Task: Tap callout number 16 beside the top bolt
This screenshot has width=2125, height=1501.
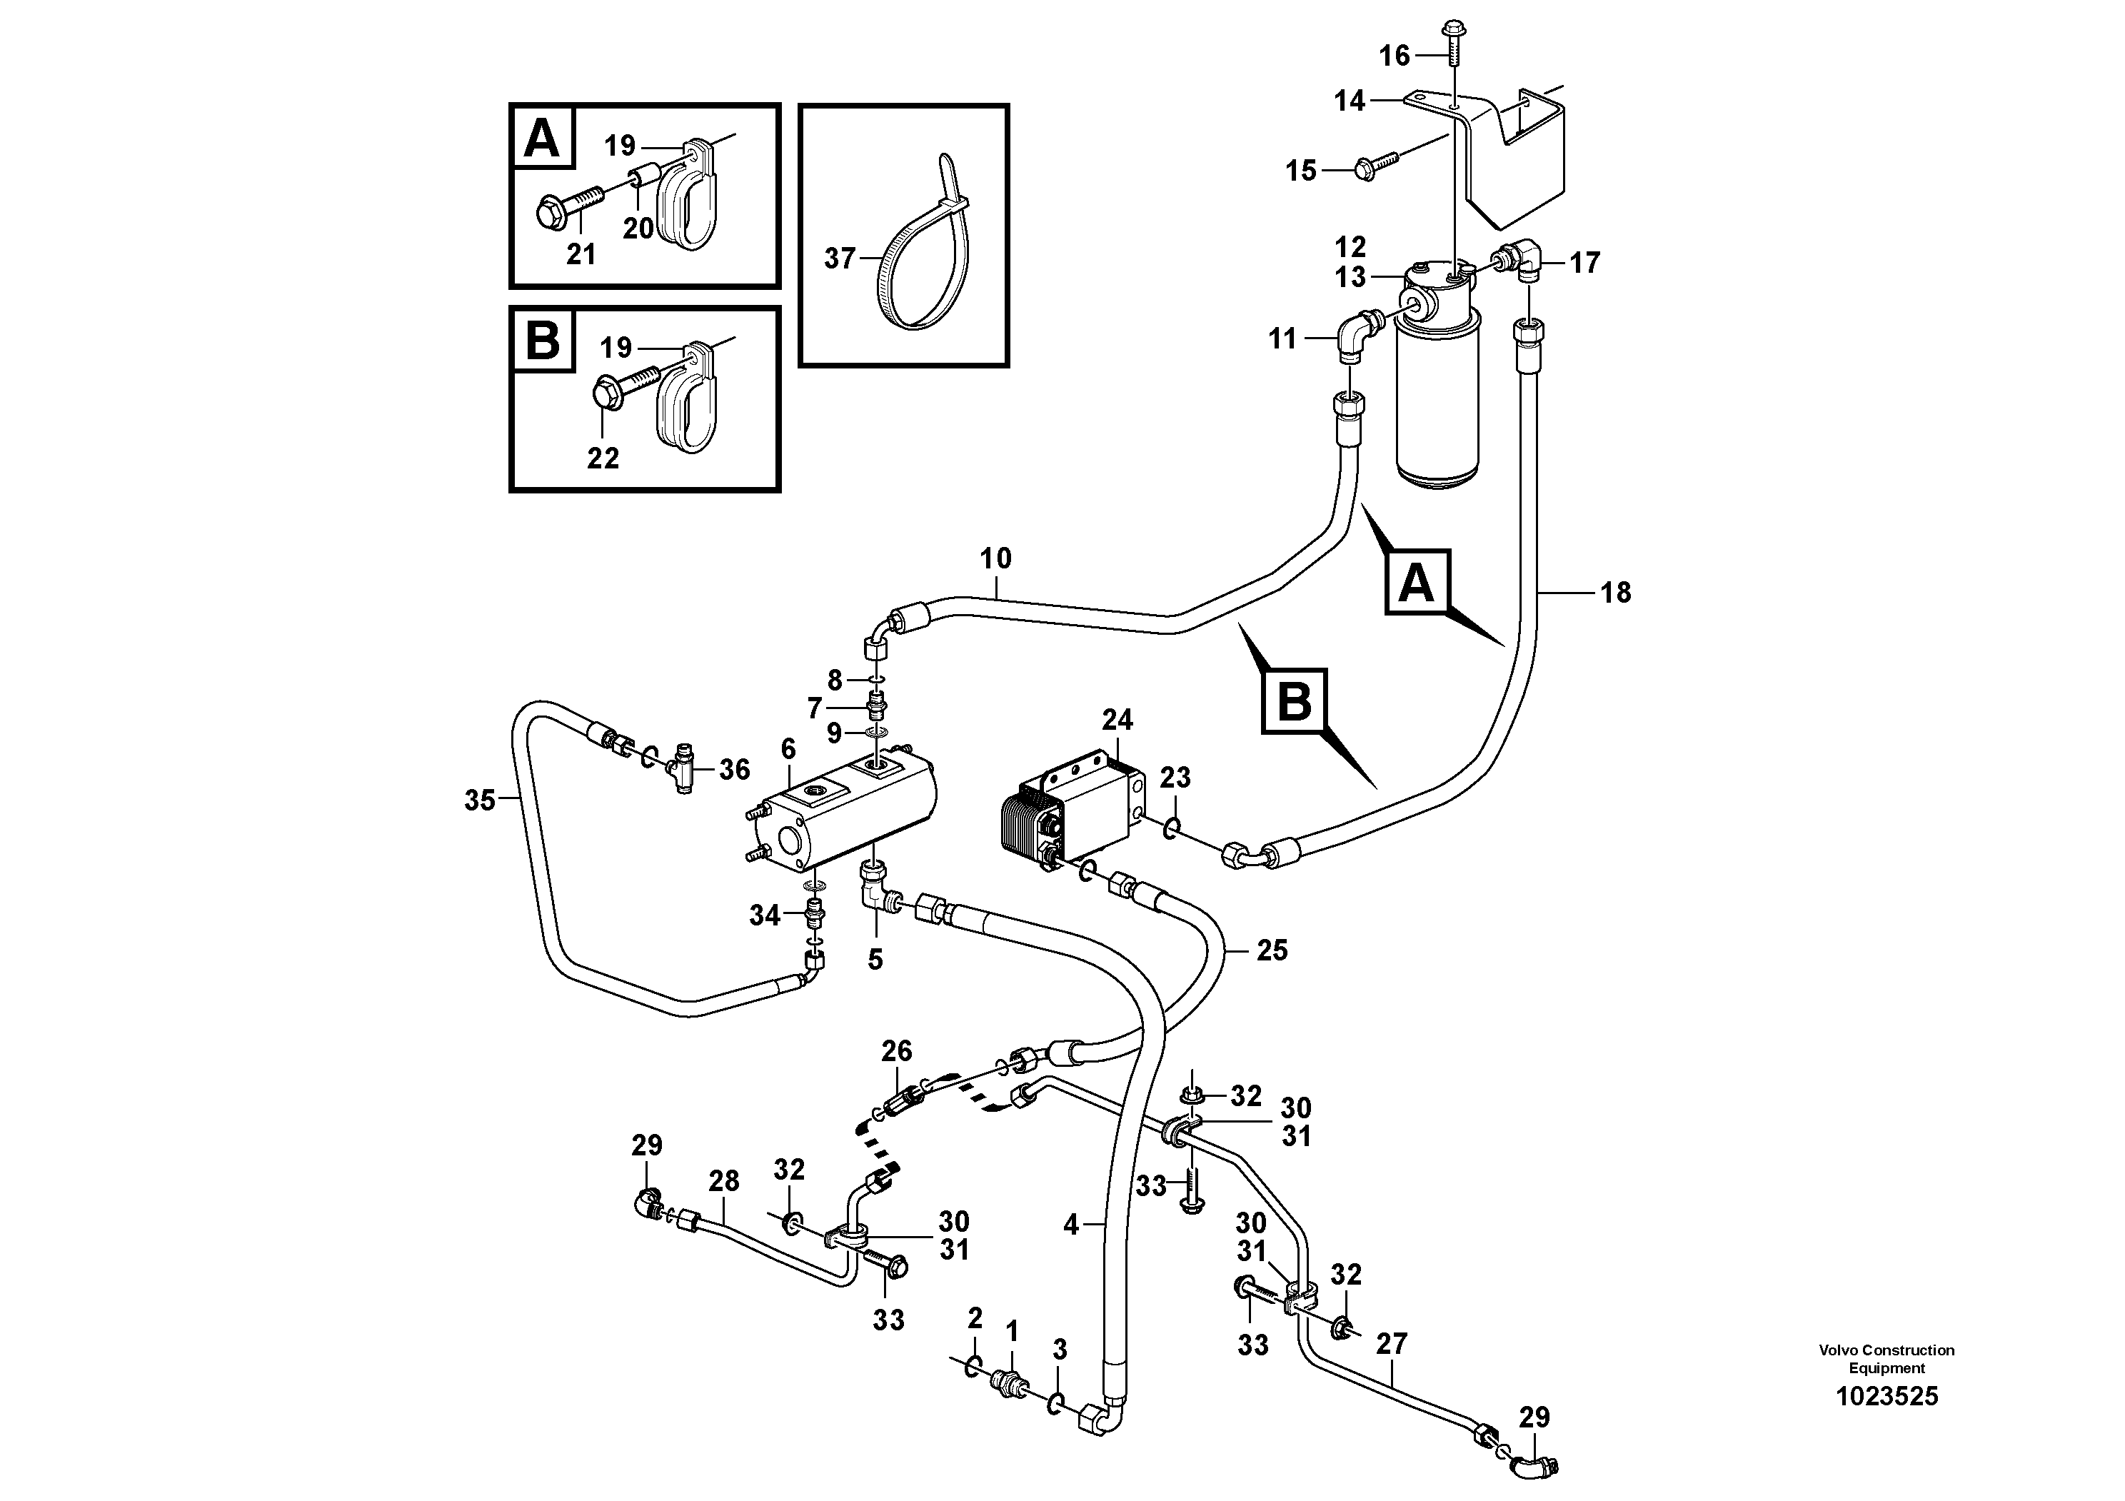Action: pyautogui.click(x=1394, y=56)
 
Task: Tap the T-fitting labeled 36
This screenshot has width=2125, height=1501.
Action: pyautogui.click(x=684, y=769)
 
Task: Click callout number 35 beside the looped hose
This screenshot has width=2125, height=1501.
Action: pyautogui.click(x=479, y=800)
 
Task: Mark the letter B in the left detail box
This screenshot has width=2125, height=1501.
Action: pyautogui.click(x=543, y=341)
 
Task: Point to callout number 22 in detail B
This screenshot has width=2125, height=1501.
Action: pyautogui.click(x=603, y=458)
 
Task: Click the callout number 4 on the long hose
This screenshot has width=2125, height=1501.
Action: pyautogui.click(x=1071, y=1225)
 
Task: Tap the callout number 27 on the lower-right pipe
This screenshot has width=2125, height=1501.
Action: pyautogui.click(x=1391, y=1344)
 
